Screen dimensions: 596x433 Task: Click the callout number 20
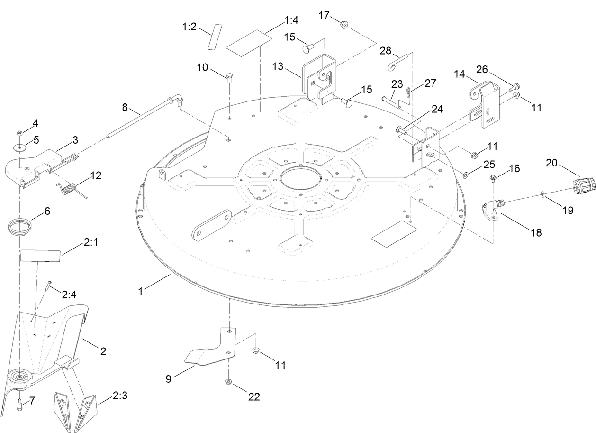coord(552,163)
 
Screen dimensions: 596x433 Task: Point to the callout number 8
coord(125,108)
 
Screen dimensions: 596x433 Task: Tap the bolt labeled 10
coord(230,78)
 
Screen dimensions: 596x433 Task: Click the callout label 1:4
coord(291,21)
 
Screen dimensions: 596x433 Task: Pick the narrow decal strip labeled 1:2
coord(211,37)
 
